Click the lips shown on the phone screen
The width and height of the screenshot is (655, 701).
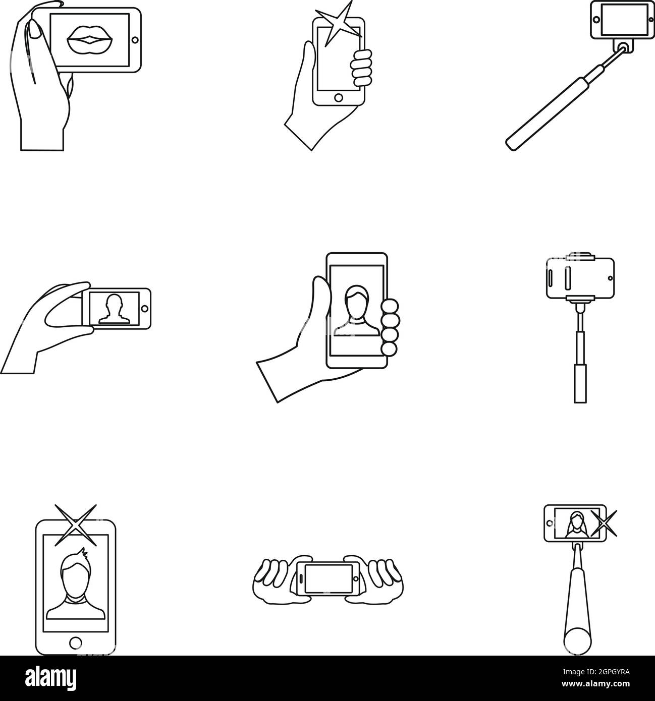point(90,40)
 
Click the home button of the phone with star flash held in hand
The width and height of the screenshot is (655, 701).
point(339,97)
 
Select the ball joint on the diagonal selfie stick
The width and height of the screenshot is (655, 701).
point(625,47)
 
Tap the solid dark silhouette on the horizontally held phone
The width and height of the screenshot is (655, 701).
point(114,309)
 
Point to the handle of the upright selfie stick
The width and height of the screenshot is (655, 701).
point(580,383)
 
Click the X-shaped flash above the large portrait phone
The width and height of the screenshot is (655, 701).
point(76,525)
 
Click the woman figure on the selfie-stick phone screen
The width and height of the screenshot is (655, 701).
point(577,525)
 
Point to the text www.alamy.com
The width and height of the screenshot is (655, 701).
point(595,684)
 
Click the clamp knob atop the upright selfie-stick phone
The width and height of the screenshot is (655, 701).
point(580,255)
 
